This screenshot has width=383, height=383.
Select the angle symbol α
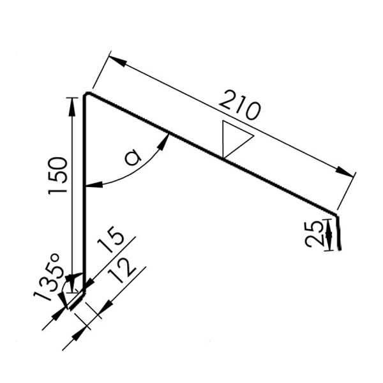(x=133, y=157)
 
